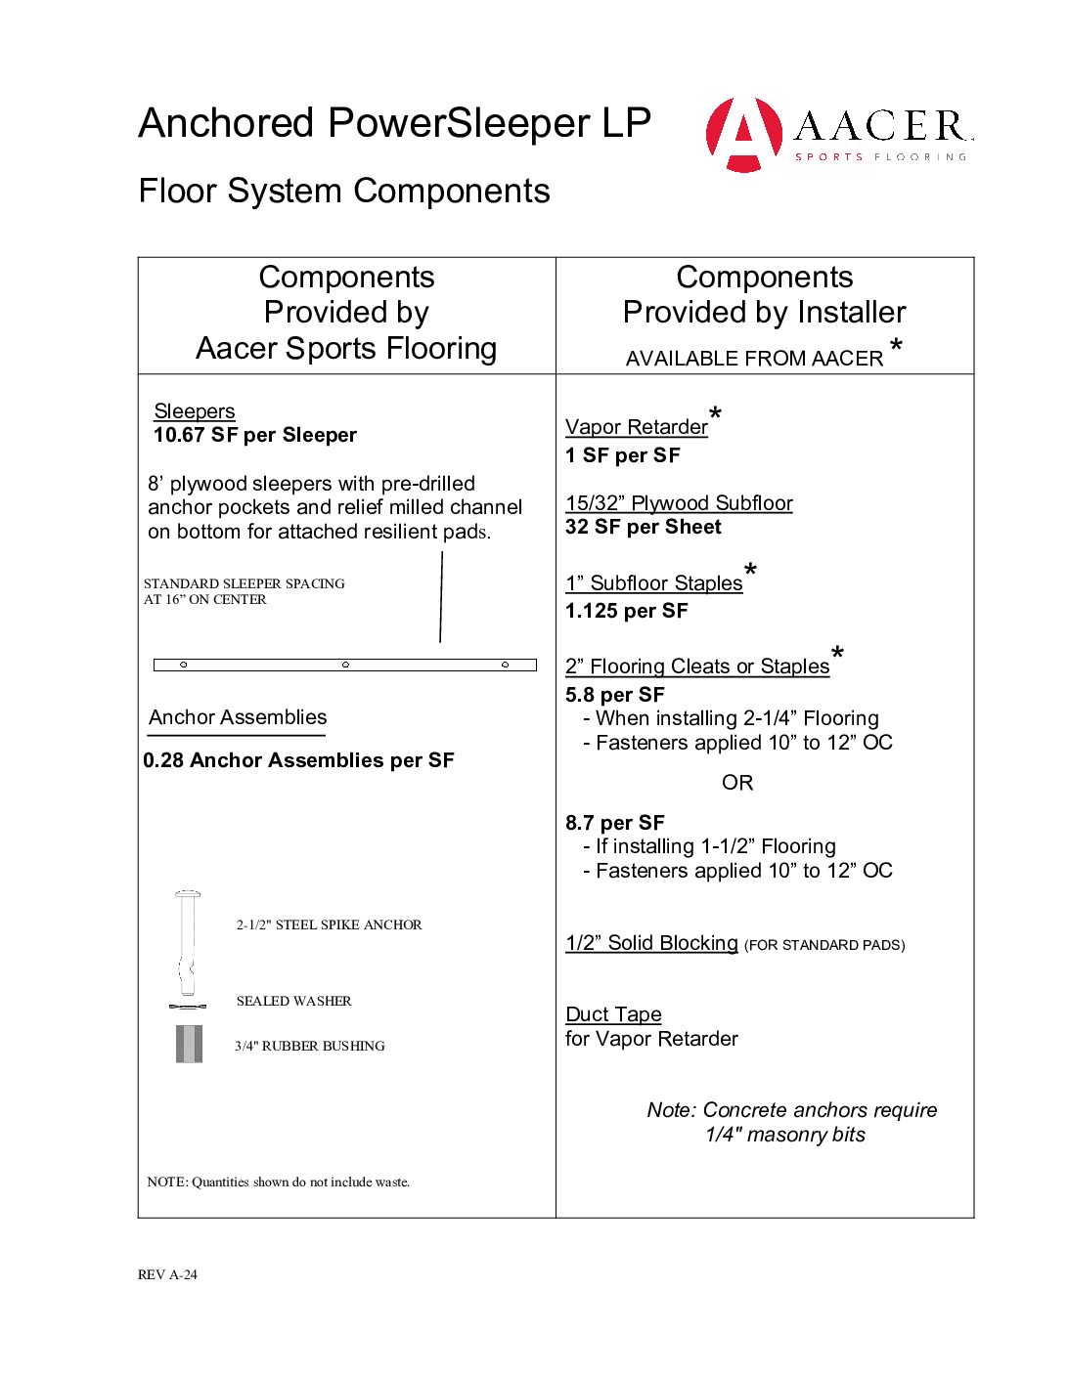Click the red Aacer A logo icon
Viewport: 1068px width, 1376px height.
744,134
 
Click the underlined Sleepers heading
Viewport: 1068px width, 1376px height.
195,411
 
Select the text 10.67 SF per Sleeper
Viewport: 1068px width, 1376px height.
255,435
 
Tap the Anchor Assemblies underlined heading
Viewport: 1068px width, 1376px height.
238,717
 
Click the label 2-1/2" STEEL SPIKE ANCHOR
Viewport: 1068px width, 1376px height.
329,924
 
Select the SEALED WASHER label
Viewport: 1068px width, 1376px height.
293,1001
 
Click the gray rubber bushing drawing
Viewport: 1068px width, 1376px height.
189,1044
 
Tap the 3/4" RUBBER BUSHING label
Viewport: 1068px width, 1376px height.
310,1046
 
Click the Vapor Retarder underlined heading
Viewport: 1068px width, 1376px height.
637,427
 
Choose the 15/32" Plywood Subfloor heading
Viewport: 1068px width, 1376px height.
679,503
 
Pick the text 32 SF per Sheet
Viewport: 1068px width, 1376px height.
644,527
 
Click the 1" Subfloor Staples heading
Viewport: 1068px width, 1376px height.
654,583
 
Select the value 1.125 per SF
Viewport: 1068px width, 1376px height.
627,611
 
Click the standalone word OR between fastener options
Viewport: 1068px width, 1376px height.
737,783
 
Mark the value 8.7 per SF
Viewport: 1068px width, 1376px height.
615,823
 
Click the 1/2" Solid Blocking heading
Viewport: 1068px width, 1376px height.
651,943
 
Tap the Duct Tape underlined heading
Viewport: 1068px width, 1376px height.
613,1014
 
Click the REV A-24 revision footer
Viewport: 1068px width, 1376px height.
167,1274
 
